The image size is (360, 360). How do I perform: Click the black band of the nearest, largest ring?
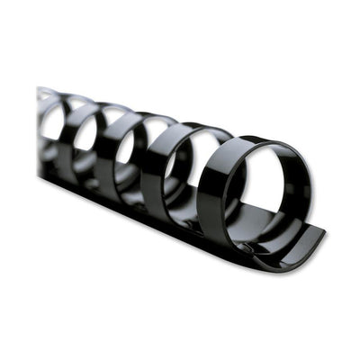click(x=212, y=193)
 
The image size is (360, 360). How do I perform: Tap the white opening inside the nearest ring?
click(x=260, y=189)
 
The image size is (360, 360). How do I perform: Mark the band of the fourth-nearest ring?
click(x=76, y=131)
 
